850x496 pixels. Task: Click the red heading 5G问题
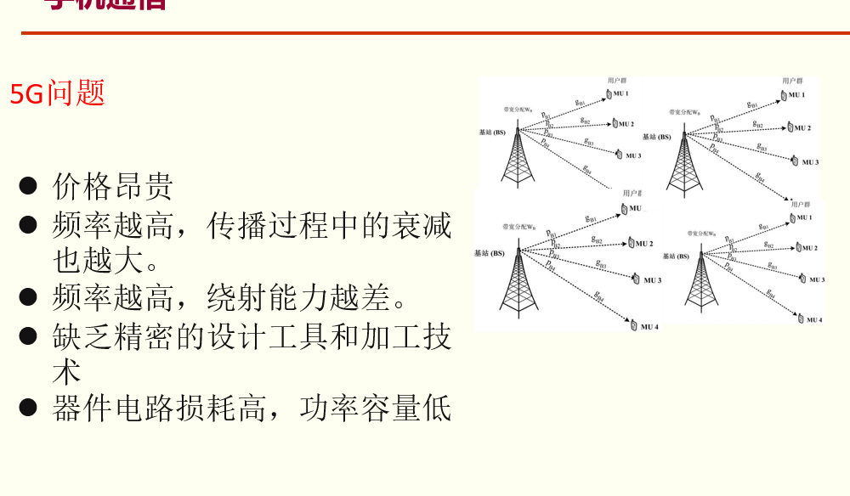coord(57,93)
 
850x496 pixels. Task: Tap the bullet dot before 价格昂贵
coord(28,185)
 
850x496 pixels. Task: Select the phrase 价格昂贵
coord(113,186)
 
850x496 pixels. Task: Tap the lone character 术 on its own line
coord(67,370)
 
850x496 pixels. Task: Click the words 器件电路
coord(113,409)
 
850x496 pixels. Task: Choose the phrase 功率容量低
coord(375,409)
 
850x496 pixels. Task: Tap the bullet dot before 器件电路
coord(28,408)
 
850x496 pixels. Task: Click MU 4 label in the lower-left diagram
coord(649,327)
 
